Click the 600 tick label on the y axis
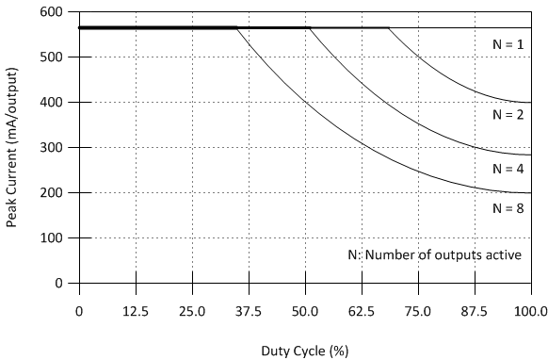point(54,11)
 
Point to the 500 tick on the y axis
point(54,57)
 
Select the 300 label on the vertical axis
point(54,147)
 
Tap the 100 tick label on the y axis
point(54,237)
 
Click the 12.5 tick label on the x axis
point(136,310)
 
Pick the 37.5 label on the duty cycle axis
point(249,310)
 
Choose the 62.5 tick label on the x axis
point(362,310)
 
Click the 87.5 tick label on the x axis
point(475,310)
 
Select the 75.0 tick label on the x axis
point(418,310)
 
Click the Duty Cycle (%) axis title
point(304,351)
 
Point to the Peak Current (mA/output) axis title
point(12,147)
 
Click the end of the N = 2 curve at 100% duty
point(531,102)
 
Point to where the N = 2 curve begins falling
point(388,28)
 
